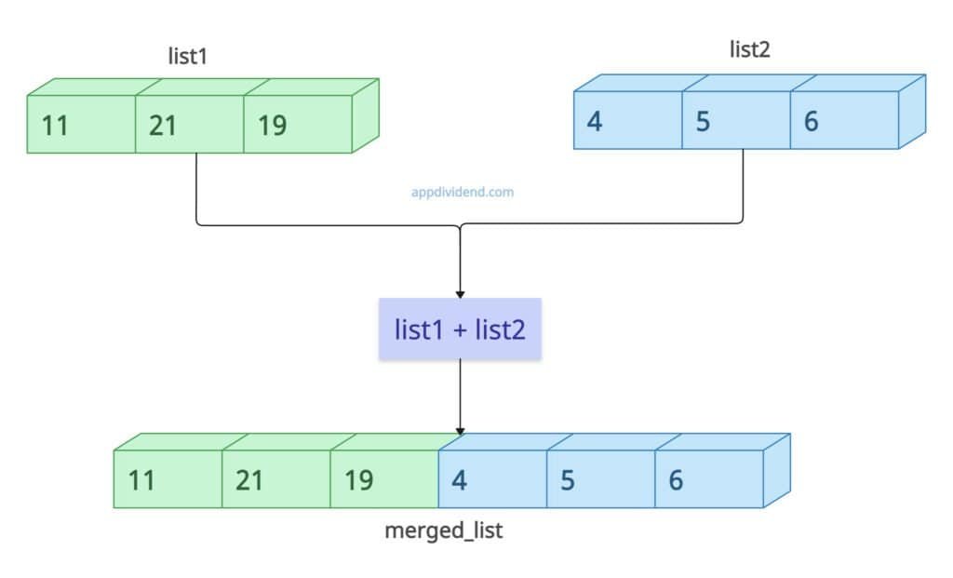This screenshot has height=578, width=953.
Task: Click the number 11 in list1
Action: tap(56, 125)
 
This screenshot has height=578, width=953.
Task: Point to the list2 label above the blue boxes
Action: tap(749, 50)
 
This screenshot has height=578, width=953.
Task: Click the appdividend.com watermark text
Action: tap(463, 193)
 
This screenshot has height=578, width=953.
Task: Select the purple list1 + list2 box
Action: tap(460, 329)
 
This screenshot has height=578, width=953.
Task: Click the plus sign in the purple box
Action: tap(459, 329)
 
